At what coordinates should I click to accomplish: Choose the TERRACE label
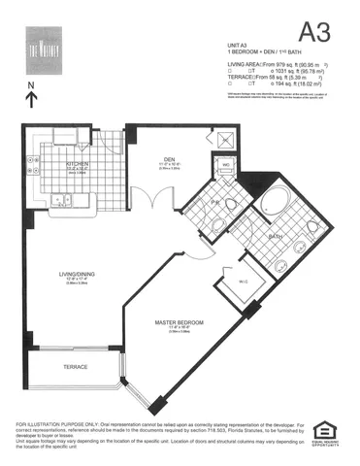(x=76, y=367)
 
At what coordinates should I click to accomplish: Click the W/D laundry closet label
(x=226, y=165)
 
